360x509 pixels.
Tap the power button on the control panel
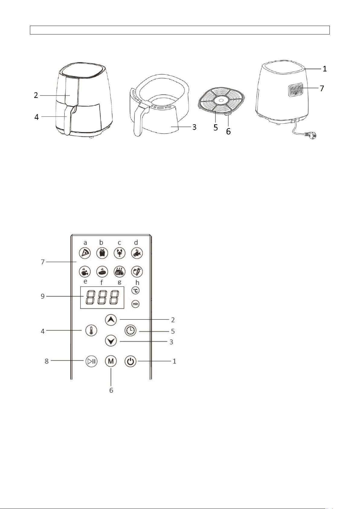130,361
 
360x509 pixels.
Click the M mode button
111,361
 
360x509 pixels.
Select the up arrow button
111,320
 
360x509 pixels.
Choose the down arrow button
111,341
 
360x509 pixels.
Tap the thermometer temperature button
91,330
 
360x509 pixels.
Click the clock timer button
130,330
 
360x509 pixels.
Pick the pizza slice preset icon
85,253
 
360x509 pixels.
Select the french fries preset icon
102,253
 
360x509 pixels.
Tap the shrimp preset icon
120,253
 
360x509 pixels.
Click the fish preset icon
137,253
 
